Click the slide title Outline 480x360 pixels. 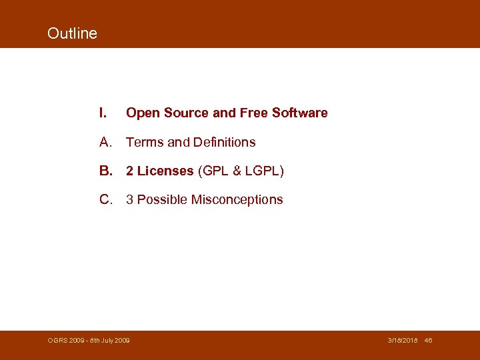pos(72,33)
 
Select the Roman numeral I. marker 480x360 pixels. pos(103,113)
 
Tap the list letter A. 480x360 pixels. pos(105,142)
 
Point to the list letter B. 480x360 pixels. pos(105,171)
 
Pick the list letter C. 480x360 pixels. pos(105,199)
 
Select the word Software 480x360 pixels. pos(299,113)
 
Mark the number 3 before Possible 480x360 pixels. pos(130,199)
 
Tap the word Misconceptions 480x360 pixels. pos(237,199)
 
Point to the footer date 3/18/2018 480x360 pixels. pos(403,341)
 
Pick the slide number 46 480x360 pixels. pos(428,341)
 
